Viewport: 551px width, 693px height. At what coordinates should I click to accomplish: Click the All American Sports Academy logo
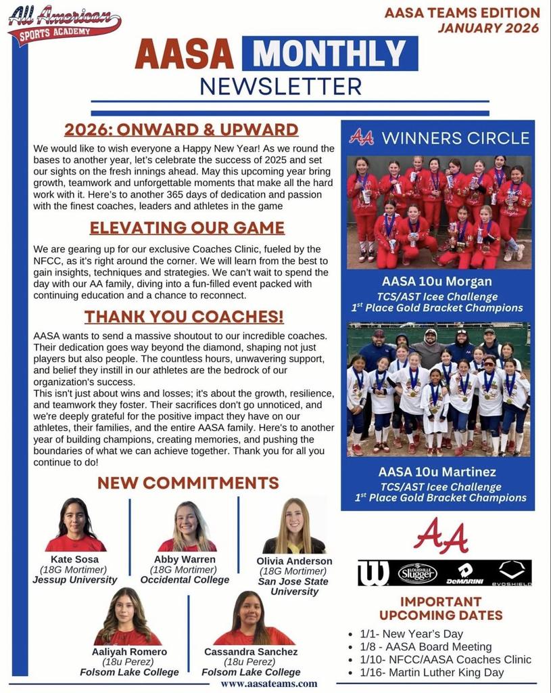[64, 24]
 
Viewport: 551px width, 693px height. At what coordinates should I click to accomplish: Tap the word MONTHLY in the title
[329, 54]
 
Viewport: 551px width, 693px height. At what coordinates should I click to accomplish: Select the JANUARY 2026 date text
[488, 28]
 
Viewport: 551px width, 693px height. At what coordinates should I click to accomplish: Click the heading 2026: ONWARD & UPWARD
[181, 129]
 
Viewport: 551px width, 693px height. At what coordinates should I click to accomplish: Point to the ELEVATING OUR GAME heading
[187, 228]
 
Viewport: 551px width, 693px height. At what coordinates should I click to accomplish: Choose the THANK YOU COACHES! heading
[184, 317]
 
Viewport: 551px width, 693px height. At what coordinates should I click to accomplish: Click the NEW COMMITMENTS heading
[188, 483]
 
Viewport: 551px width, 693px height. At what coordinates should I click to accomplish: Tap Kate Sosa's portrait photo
[76, 525]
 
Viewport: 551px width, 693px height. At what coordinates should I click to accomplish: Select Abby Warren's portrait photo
[187, 527]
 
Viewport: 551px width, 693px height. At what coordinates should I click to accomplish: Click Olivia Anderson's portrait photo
[294, 526]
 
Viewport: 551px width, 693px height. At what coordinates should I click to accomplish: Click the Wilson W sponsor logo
[373, 573]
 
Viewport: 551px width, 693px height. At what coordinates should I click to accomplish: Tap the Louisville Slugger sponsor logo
[417, 573]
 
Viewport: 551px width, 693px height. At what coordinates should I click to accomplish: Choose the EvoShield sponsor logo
[511, 573]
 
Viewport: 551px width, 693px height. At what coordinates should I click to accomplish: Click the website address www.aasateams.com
[269, 684]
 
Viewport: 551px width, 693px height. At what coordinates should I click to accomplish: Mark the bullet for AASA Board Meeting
[350, 647]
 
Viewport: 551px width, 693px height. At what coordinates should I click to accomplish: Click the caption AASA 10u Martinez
[437, 472]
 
